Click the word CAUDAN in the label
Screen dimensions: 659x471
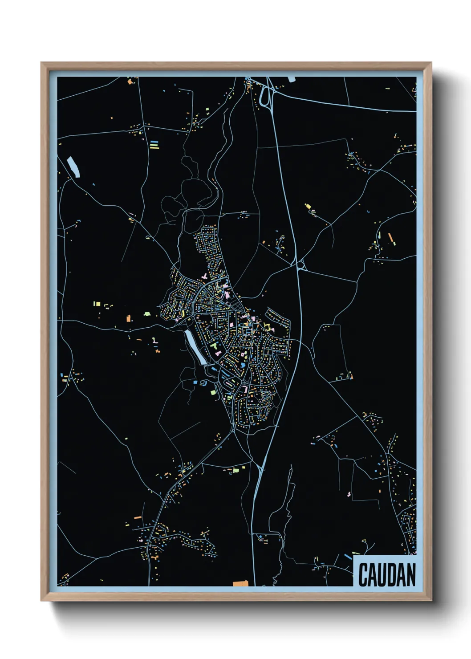(386, 574)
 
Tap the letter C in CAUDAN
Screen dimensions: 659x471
(363, 575)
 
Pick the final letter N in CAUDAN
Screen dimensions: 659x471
(411, 575)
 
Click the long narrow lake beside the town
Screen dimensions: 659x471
(195, 346)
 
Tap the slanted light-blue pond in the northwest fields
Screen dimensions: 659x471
(73, 167)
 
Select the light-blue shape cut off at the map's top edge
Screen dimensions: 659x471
(292, 79)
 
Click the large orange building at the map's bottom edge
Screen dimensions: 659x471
(240, 583)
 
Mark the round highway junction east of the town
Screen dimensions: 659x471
(301, 265)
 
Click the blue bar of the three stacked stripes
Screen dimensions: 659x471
(154, 142)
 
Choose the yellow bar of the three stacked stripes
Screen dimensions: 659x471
(154, 147)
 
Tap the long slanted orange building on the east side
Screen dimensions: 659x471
(391, 238)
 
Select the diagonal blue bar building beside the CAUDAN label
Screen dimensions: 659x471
(348, 557)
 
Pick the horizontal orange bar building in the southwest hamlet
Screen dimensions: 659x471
(138, 518)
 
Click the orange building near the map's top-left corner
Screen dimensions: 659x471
(130, 81)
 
